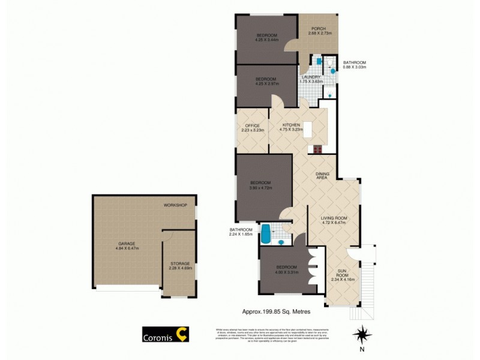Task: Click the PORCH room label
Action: coord(318,28)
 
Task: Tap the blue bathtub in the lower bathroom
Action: coord(265,233)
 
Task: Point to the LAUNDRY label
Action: coord(311,77)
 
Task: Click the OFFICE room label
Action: coord(252,125)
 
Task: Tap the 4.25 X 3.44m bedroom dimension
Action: coord(266,40)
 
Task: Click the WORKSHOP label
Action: coord(176,205)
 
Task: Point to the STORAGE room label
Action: coord(179,263)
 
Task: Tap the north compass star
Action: coord(361,333)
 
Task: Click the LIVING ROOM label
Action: coord(334,218)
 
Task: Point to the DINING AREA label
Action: coord(323,175)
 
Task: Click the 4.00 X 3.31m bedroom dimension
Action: coord(286,271)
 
